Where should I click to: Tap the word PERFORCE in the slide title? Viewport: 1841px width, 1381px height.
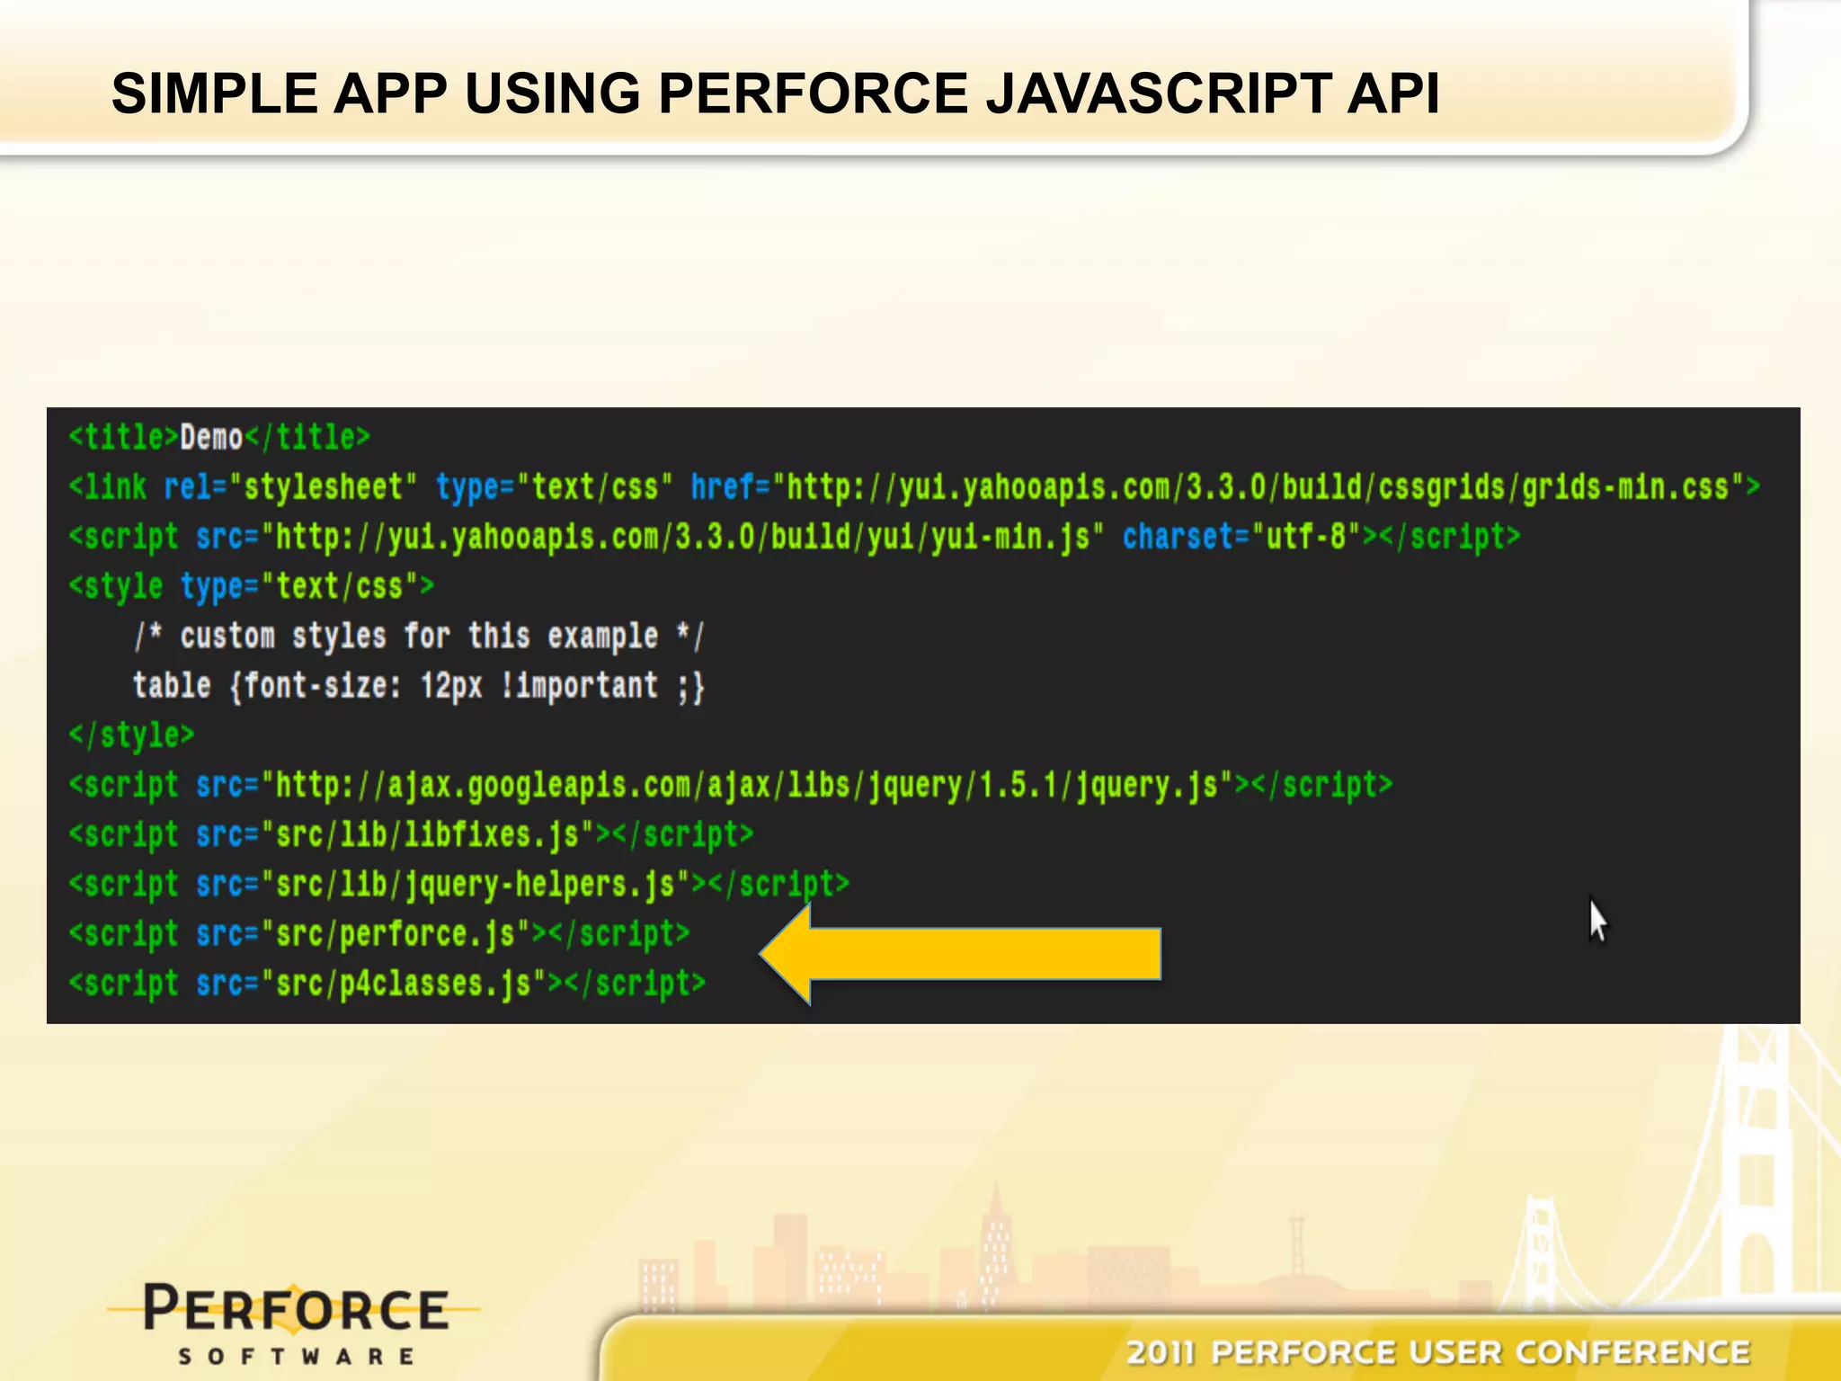point(813,94)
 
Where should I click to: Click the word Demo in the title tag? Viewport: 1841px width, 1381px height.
point(211,438)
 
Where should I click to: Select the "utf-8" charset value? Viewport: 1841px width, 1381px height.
point(1305,537)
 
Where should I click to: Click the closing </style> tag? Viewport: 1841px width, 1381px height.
point(131,735)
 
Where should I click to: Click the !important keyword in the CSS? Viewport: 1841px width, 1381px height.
point(579,686)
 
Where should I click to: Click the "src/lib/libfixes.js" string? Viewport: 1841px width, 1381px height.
point(428,835)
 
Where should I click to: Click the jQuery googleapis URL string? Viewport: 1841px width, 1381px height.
point(747,786)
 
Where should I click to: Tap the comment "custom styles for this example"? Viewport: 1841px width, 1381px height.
point(419,637)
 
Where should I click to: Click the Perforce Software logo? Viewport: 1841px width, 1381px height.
point(295,1322)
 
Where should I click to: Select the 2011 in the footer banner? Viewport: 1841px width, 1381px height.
point(1161,1352)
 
